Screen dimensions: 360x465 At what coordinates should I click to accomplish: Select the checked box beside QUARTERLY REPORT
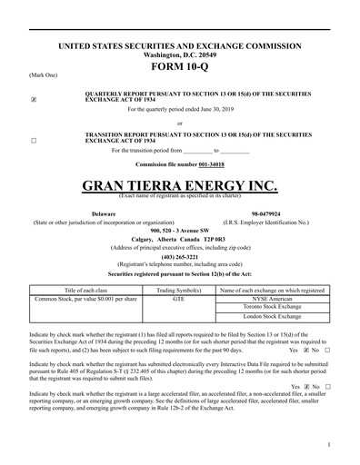(x=34, y=97)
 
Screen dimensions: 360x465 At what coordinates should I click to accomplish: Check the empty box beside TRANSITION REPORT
(x=34, y=142)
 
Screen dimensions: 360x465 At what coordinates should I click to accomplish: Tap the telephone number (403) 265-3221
(x=179, y=255)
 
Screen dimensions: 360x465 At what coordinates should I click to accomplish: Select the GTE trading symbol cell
(x=179, y=297)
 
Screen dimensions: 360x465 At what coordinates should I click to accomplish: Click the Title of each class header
(x=86, y=288)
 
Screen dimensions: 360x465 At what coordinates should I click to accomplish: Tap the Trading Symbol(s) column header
(x=179, y=288)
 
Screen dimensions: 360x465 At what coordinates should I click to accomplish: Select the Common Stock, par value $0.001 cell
(x=86, y=297)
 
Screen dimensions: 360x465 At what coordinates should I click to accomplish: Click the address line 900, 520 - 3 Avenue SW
(x=179, y=231)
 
